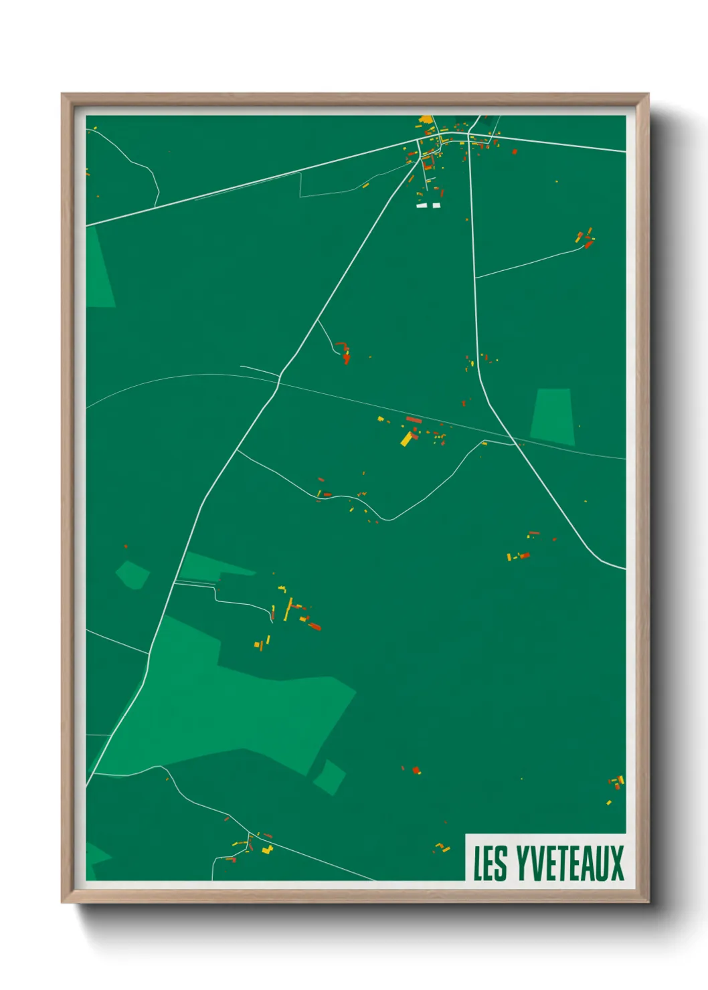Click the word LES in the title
(x=490, y=863)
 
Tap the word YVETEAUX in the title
(x=569, y=863)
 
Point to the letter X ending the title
(x=616, y=863)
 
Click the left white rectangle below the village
(x=422, y=205)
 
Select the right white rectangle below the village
(x=436, y=205)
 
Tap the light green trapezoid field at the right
(x=553, y=416)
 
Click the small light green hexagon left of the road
(x=132, y=575)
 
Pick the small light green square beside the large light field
(x=329, y=777)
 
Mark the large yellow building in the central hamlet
(x=406, y=439)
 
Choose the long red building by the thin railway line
(x=414, y=420)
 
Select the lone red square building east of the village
(x=515, y=152)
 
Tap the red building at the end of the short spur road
(x=346, y=359)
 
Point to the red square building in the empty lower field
(x=416, y=771)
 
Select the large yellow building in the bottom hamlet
(x=268, y=850)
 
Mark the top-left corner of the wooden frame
(x=63, y=95)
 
